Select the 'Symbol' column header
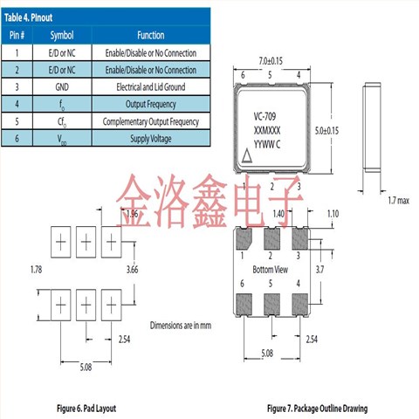coord(62,35)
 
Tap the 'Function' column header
coord(150,35)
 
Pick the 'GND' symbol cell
coord(62,87)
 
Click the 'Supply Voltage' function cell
coord(150,140)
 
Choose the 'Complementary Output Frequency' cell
coord(150,122)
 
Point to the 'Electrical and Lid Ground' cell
coord(150,87)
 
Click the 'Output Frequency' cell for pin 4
coord(150,105)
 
